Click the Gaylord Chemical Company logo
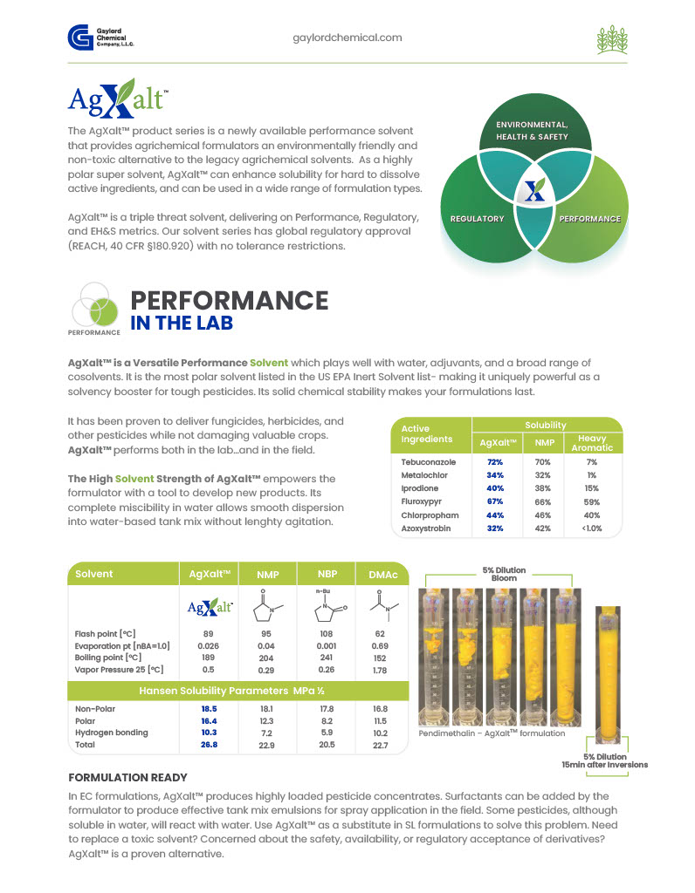tap(100, 37)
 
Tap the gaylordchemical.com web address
tap(347, 37)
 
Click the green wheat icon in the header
tap(612, 39)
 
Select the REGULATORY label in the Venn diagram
tap(478, 219)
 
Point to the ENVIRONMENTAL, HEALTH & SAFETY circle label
tap(532, 131)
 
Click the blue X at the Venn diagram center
tap(535, 190)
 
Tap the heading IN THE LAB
tap(182, 323)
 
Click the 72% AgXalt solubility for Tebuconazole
tap(495, 462)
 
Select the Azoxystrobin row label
tap(426, 528)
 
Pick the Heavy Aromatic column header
tap(592, 443)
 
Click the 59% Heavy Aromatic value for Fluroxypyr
tap(592, 502)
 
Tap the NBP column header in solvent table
tap(327, 574)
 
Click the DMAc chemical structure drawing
tap(382, 606)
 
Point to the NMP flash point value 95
tap(266, 634)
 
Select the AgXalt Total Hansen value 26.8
tap(210, 745)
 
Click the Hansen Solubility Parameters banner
tap(238, 691)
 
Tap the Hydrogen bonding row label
tap(112, 733)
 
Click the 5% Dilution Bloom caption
tap(504, 574)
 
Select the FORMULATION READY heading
tap(127, 778)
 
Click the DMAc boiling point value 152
tap(381, 658)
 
